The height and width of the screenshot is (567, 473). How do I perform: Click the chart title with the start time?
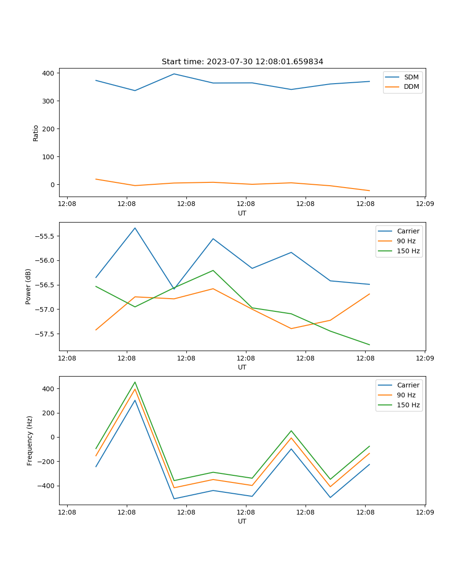(x=242, y=62)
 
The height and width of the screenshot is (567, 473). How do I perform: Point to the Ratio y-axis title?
(x=36, y=133)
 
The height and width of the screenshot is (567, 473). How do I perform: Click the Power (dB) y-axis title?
(x=28, y=286)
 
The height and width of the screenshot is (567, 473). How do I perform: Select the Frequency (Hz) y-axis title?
(x=30, y=440)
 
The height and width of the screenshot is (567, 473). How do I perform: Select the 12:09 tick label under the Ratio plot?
(x=424, y=204)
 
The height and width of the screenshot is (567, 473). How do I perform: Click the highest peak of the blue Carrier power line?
(x=135, y=228)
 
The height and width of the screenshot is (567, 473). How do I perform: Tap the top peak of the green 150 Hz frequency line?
(x=135, y=382)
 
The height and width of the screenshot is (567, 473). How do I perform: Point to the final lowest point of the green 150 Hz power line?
(x=369, y=345)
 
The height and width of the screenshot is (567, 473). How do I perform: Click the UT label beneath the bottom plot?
(x=242, y=521)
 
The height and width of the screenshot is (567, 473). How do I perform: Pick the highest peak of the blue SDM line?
(x=174, y=74)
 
